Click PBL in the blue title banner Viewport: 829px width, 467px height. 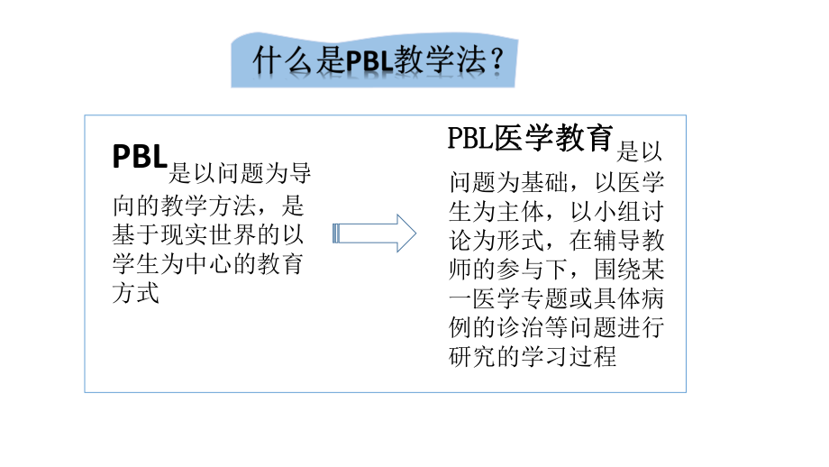click(368, 62)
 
